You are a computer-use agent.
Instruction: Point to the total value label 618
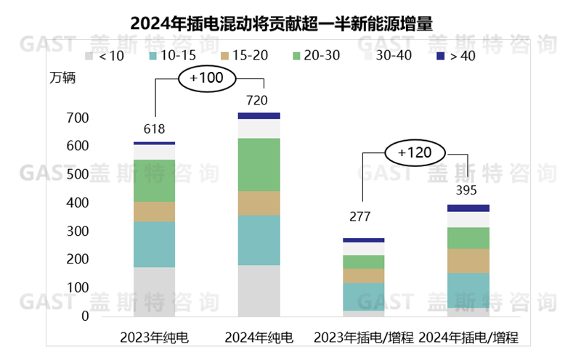(x=154, y=129)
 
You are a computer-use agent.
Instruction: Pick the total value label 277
(x=363, y=217)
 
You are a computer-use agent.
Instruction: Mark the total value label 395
(x=468, y=190)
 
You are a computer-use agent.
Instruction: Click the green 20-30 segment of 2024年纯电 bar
(x=259, y=164)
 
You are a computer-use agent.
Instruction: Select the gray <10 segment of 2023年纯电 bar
(x=154, y=291)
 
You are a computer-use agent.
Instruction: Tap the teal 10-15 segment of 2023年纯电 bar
(x=154, y=244)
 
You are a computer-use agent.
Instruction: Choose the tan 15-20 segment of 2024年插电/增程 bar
(x=468, y=261)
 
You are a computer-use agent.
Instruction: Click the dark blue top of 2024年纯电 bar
(x=259, y=115)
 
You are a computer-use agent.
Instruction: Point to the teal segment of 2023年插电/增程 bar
(x=363, y=296)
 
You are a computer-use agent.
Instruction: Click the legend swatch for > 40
(x=441, y=55)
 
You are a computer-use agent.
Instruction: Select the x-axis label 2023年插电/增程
(x=363, y=337)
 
